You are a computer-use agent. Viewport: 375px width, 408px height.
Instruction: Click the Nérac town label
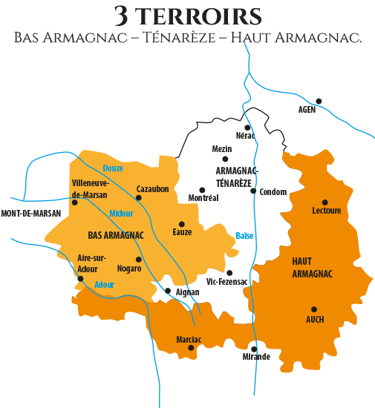pyautogui.click(x=246, y=136)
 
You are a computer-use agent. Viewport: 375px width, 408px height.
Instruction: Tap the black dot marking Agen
pyautogui.click(x=319, y=101)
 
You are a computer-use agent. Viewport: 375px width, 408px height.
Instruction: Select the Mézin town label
pyautogui.click(x=222, y=148)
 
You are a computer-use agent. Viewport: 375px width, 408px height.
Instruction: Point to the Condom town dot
pyautogui.click(x=253, y=191)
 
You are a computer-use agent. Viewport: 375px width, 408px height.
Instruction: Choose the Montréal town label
pyautogui.click(x=203, y=199)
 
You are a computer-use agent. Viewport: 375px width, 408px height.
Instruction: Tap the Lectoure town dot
pyautogui.click(x=325, y=202)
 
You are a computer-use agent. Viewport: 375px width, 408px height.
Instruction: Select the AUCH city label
pyautogui.click(x=315, y=320)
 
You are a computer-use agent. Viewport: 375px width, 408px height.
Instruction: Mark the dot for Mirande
pyautogui.click(x=254, y=346)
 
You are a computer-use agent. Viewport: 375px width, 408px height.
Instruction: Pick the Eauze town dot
pyautogui.click(x=182, y=223)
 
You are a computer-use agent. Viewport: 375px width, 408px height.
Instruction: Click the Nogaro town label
pyautogui.click(x=129, y=269)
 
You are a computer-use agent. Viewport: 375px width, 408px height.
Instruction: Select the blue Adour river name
pyautogui.click(x=105, y=284)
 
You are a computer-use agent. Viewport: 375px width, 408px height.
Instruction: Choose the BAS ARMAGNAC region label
pyautogui.click(x=116, y=235)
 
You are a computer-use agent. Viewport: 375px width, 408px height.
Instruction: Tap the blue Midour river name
pyautogui.click(x=121, y=214)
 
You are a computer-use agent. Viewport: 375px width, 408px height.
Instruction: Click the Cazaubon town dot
pyautogui.click(x=138, y=197)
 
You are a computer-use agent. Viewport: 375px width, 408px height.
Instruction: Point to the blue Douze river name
pyautogui.click(x=113, y=168)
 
